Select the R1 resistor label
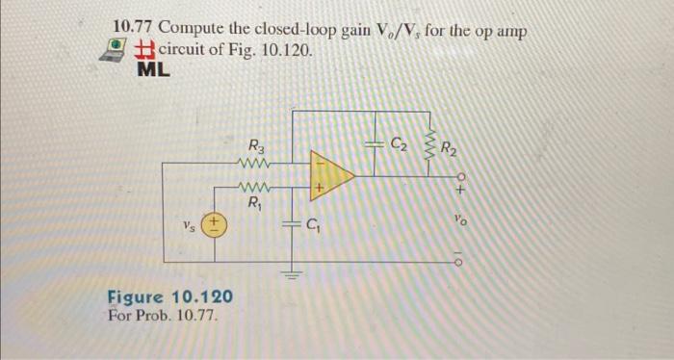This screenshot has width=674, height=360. (x=255, y=203)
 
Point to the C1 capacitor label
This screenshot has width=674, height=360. (x=314, y=228)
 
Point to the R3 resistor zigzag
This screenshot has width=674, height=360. (x=255, y=163)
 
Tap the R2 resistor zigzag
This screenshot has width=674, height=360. (x=432, y=146)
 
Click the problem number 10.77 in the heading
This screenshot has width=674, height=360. (x=134, y=28)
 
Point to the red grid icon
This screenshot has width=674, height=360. (x=144, y=49)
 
